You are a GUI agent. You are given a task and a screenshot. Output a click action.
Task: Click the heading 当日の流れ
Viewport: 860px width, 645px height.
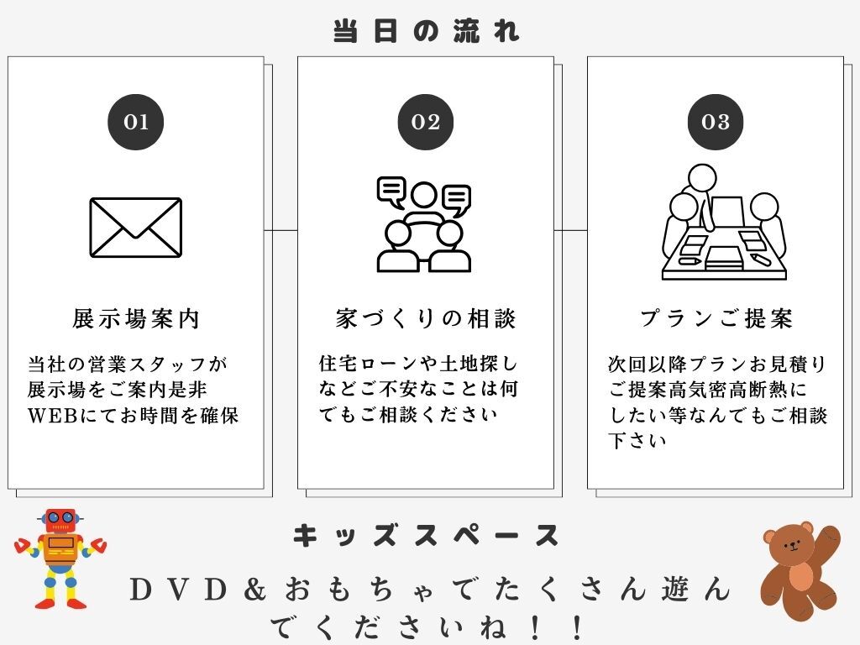[426, 31]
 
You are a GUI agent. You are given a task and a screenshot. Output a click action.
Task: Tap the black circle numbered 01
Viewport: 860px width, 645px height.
[135, 122]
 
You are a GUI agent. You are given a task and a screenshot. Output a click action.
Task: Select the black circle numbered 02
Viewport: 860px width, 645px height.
[426, 122]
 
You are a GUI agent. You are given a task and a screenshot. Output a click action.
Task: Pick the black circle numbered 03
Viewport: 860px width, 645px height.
[716, 122]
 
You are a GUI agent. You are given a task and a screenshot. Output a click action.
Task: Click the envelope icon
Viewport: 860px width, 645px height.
[135, 227]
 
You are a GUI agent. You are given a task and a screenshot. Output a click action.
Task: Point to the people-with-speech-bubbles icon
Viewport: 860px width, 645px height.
[424, 224]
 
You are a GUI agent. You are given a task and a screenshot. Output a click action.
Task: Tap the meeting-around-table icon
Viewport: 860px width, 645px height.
[724, 222]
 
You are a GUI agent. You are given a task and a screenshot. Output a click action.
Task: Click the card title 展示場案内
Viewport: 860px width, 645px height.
[135, 318]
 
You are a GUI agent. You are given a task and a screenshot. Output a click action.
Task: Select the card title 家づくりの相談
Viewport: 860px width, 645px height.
[426, 318]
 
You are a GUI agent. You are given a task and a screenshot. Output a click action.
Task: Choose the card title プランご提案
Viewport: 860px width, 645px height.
[716, 318]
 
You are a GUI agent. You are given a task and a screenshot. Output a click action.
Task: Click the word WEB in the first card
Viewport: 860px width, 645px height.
[52, 416]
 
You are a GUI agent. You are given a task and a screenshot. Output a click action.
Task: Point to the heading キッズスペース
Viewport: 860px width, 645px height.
[426, 536]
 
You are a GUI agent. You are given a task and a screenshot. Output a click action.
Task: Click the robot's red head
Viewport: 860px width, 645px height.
[60, 521]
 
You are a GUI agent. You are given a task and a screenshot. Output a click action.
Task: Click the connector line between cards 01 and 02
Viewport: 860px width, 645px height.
[281, 230]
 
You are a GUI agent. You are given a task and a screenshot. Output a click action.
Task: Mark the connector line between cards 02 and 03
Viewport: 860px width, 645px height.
[570, 230]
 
